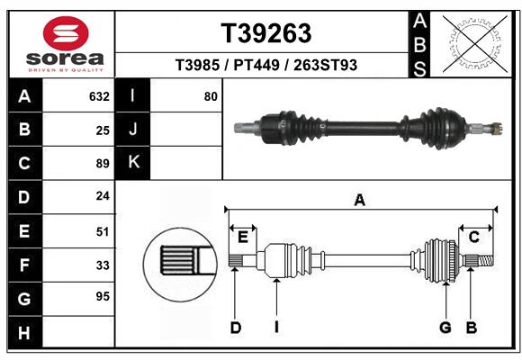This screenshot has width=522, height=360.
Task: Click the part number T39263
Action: (x=266, y=33)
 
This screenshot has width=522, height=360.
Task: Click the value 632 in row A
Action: (x=99, y=96)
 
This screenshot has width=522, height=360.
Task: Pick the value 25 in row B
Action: (x=103, y=130)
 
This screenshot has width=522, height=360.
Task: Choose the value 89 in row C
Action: (x=103, y=163)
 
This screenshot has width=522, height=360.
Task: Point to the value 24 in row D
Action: (x=103, y=195)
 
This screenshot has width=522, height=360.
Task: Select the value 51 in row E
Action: (x=103, y=231)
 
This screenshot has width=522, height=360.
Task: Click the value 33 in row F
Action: (x=103, y=265)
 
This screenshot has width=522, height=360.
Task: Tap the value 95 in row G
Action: (x=103, y=296)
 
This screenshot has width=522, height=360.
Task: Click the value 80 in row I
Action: (x=211, y=96)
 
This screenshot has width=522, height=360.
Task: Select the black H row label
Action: (x=24, y=333)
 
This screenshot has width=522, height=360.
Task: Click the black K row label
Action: (x=133, y=163)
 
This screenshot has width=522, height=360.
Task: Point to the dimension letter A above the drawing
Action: (x=360, y=201)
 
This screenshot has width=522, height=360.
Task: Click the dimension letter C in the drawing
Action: (x=473, y=238)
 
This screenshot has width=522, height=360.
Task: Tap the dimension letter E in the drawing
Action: (x=242, y=237)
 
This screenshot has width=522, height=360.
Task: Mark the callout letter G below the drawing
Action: (x=445, y=328)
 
